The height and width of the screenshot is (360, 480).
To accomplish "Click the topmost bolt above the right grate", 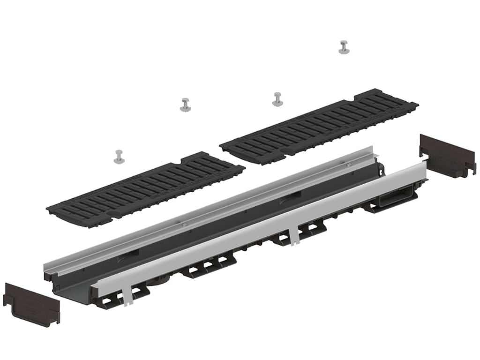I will pyautogui.click(x=344, y=47).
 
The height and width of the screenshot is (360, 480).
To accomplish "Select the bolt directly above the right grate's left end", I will pyautogui.click(x=277, y=99).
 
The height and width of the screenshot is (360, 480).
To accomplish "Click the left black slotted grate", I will pyautogui.click(x=146, y=189).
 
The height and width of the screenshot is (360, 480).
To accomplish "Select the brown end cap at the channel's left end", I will pyautogui.click(x=31, y=303).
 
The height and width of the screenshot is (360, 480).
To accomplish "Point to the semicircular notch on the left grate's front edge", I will pyautogui.click(x=114, y=215).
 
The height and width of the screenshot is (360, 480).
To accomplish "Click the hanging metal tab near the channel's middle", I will pyautogui.click(x=294, y=237).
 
